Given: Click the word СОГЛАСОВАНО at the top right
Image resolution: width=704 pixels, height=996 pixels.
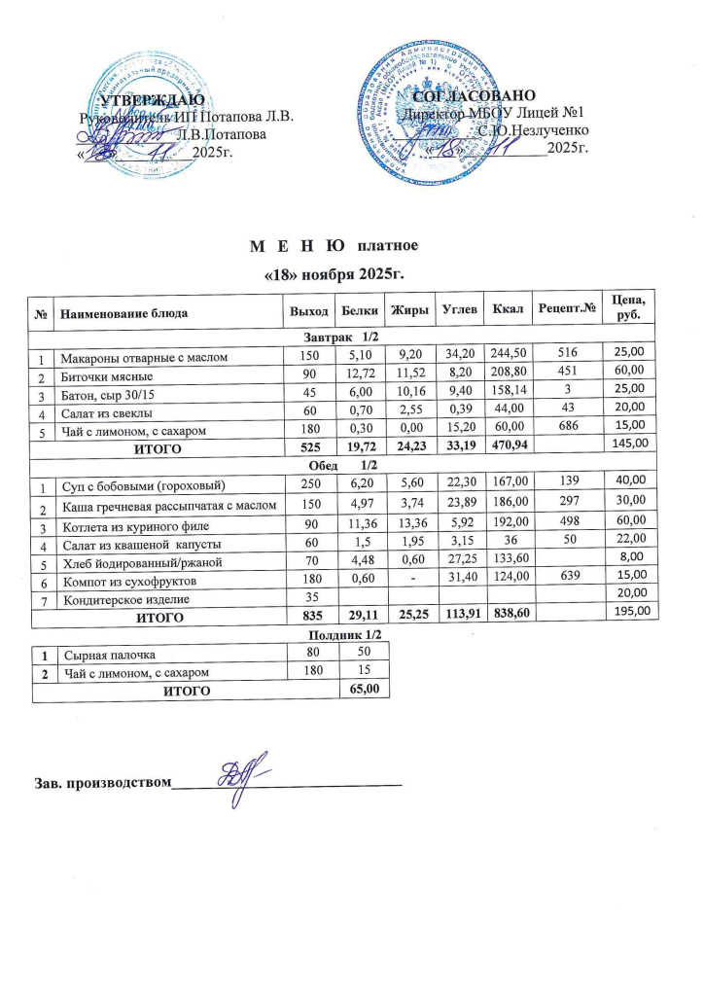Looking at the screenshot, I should [474, 97].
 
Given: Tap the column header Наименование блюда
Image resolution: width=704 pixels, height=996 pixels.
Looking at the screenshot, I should [133, 313].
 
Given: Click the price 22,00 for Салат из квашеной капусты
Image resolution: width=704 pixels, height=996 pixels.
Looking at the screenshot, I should [632, 543].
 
